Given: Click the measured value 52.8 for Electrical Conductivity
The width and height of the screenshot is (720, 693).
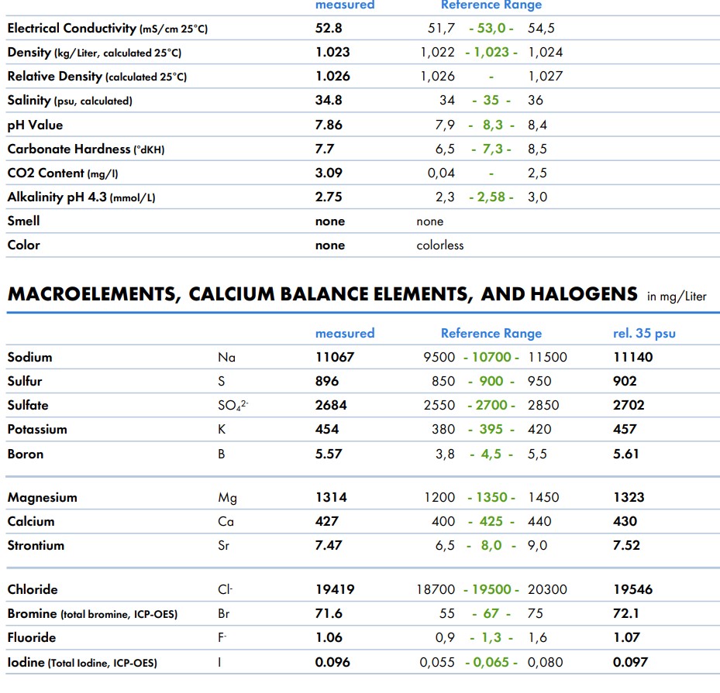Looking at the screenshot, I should tap(329, 29).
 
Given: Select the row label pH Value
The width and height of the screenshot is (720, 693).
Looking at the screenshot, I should tap(35, 125).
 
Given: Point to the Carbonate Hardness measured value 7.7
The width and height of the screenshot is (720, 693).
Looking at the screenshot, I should tap(324, 149).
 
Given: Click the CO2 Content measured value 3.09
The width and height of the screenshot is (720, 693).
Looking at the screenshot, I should tap(329, 173).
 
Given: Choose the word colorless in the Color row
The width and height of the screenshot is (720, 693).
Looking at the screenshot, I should tap(439, 245).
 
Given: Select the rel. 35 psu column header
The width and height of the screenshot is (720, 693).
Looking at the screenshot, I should tap(643, 334).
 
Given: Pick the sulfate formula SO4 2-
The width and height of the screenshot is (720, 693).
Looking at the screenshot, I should tap(233, 406).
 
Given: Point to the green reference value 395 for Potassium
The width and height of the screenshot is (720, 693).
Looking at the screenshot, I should tap(491, 430).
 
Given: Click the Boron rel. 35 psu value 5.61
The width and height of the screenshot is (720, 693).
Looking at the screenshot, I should tap(625, 454).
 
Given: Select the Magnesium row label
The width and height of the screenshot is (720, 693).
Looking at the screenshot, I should tap(42, 497).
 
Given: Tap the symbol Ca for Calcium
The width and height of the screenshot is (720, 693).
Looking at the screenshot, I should tap(226, 522).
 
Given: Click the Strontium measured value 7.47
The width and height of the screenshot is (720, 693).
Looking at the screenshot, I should tap(329, 546).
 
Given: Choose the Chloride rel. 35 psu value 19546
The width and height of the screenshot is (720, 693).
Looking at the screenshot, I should tap(632, 589).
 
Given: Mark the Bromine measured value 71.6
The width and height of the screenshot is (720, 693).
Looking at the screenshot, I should tap(329, 613).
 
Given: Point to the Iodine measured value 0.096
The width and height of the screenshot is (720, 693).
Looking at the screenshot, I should tap(332, 662).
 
